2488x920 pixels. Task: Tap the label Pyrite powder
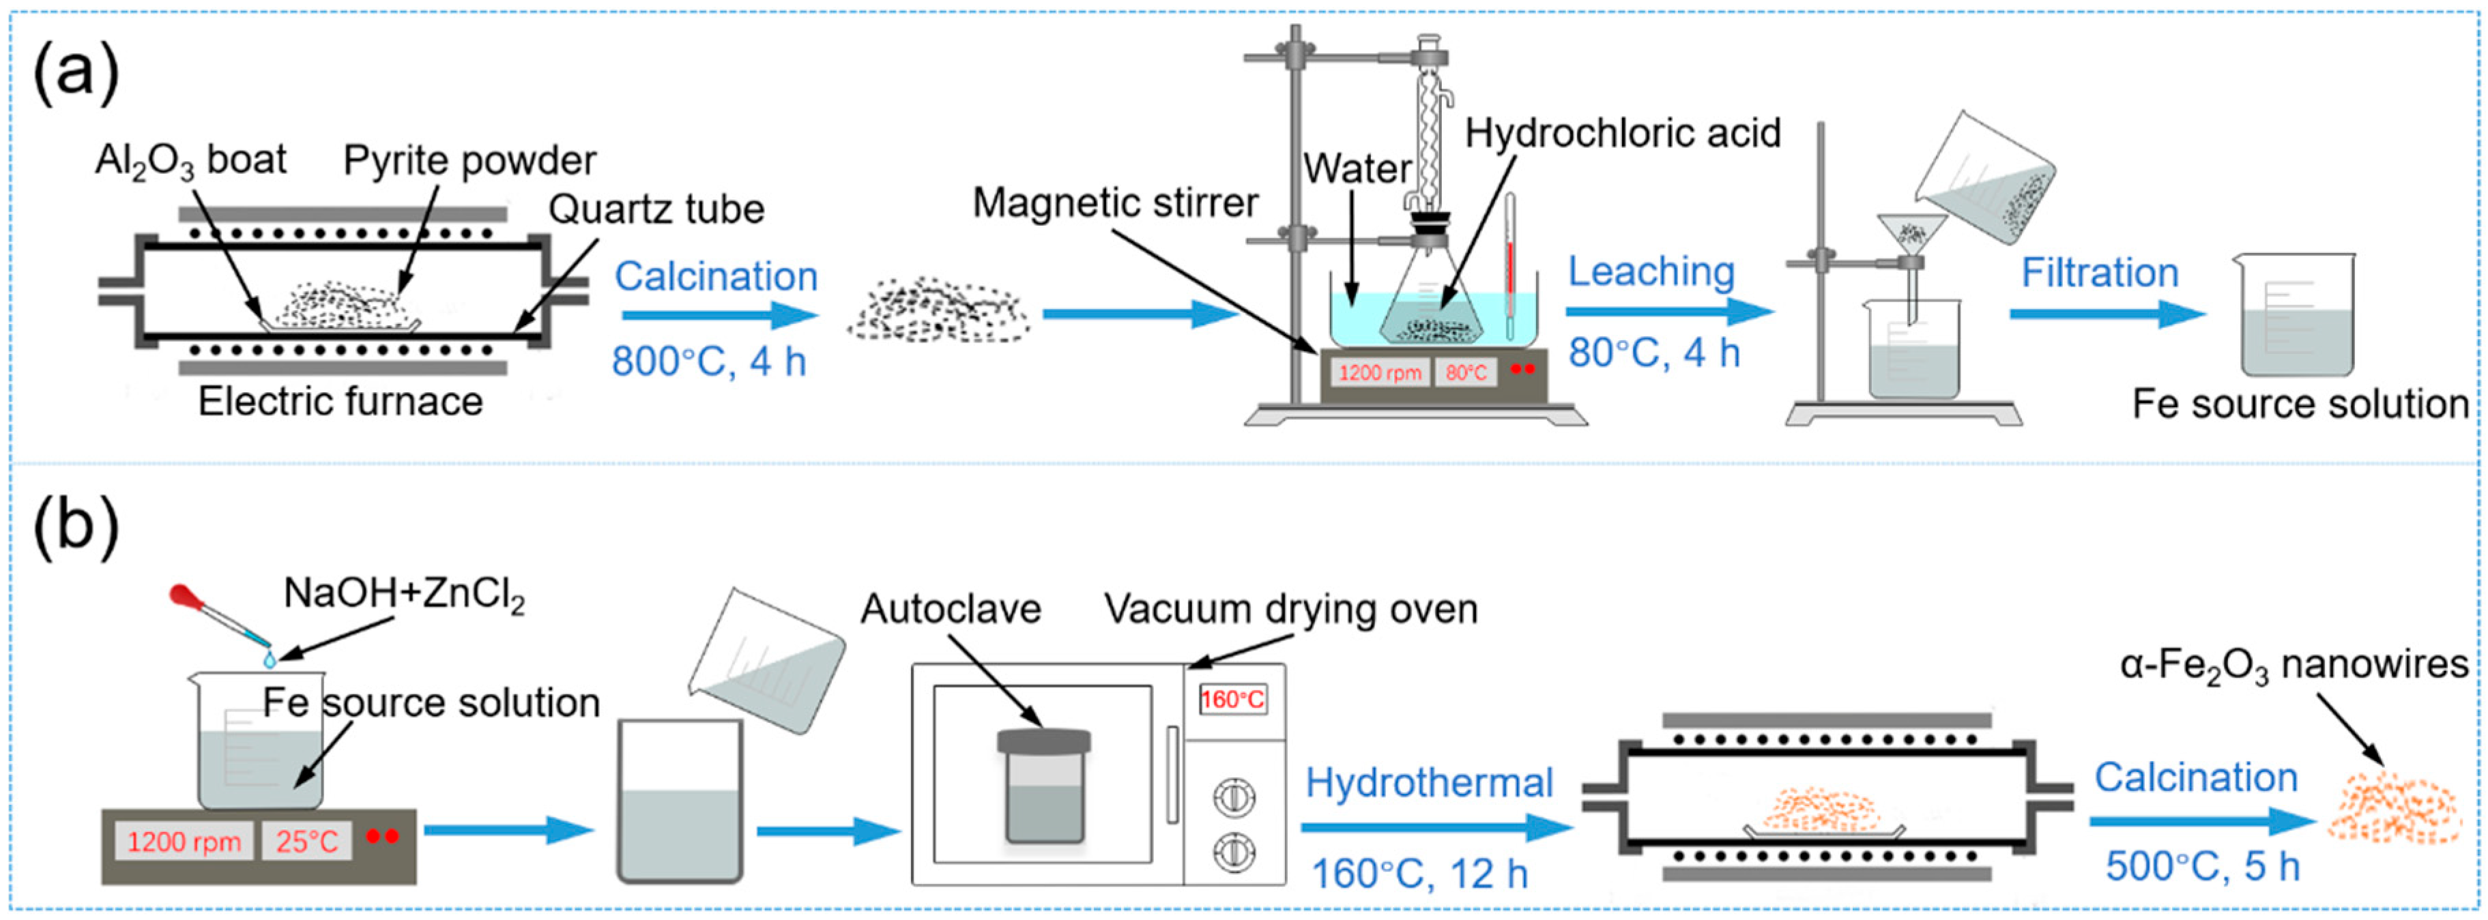click(469, 160)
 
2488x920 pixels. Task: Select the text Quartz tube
click(656, 209)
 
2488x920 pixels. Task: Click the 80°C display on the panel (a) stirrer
click(1465, 372)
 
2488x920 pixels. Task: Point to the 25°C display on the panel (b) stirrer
click(306, 842)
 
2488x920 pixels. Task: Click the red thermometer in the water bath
click(1509, 265)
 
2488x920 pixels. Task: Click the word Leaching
click(1651, 271)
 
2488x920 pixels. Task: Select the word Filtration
click(2100, 273)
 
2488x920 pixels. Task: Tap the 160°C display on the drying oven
click(1232, 700)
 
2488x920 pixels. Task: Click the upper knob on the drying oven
click(1233, 797)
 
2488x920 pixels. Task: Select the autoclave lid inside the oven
click(1043, 741)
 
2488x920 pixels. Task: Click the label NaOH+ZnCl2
click(404, 594)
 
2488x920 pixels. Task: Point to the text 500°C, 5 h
click(2202, 867)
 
